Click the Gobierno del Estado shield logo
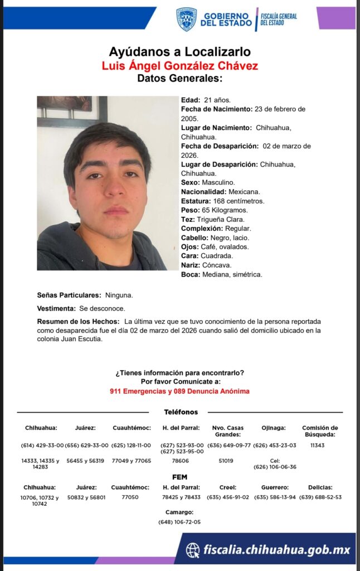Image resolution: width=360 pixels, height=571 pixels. [186, 18]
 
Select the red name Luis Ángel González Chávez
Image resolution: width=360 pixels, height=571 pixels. [179, 65]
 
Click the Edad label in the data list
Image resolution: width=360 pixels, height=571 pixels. [191, 99]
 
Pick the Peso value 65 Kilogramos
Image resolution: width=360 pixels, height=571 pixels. [225, 210]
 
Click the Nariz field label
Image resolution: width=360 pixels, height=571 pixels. [191, 265]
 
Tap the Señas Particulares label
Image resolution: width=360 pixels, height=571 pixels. [69, 294]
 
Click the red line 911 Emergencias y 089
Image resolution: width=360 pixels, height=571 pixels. [179, 391]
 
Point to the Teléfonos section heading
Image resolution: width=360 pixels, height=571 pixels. [181, 412]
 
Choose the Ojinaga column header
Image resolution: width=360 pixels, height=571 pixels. [274, 428]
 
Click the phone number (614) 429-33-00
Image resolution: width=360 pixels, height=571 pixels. [42, 446]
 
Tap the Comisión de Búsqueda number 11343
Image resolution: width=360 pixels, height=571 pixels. [318, 446]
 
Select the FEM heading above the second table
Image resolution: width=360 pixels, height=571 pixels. [179, 477]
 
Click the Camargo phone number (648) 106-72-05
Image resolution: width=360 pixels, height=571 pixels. [179, 522]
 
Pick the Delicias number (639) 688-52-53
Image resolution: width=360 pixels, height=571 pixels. [320, 497]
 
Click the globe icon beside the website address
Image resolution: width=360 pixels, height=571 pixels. [193, 550]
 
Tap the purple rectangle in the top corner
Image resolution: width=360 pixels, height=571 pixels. [336, 18]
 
